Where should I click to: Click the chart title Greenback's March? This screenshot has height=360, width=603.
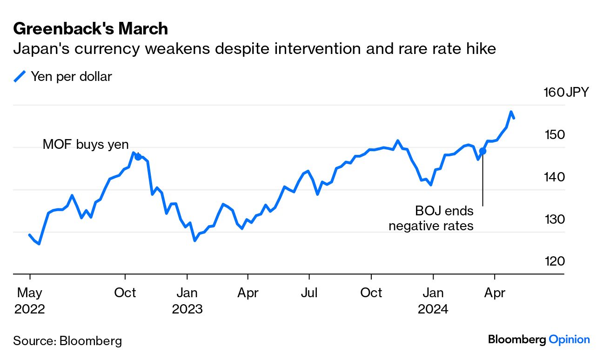pos(90,29)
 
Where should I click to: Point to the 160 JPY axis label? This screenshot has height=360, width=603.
pos(565,92)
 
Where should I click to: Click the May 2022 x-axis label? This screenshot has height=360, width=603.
pos(30,300)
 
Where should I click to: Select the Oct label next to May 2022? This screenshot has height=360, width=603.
pos(125,293)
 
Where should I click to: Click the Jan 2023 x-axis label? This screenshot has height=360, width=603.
pos(187,300)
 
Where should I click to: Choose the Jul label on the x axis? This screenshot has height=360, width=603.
pos(309,293)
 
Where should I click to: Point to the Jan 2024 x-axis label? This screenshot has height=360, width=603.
pos(433,300)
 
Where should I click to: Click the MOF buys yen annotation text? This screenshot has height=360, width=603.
pos(86,145)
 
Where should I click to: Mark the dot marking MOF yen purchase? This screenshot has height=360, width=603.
pos(138,157)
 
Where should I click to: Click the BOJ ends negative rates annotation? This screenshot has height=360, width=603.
pos(431,219)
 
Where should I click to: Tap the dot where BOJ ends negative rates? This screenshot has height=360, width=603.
pos(482,151)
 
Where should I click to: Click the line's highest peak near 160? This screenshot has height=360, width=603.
pos(511,112)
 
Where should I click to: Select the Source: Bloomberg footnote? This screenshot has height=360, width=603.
pos(67,341)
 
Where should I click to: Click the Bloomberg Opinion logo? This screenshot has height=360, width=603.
pos(539,340)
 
